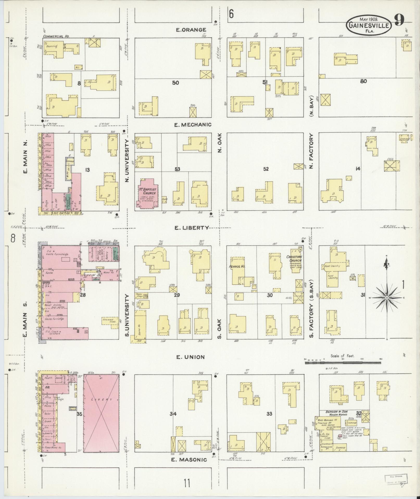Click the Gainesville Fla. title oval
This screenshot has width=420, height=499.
[x=369, y=25]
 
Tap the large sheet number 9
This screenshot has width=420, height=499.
[x=399, y=20]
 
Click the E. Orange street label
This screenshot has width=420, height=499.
[x=191, y=30]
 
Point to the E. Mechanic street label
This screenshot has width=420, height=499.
[x=193, y=125]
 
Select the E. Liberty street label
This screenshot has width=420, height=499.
[x=192, y=228]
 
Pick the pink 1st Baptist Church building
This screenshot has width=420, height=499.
[x=147, y=194]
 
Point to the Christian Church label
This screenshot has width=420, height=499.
[x=294, y=258]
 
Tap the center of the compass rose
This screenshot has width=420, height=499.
[x=387, y=298]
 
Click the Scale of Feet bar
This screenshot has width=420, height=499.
[x=343, y=362]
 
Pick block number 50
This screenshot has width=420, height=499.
[x=175, y=83]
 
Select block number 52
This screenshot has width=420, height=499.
[x=266, y=169]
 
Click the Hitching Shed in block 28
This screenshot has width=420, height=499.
[x=108, y=321]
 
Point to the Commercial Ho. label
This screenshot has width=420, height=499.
[x=56, y=36]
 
